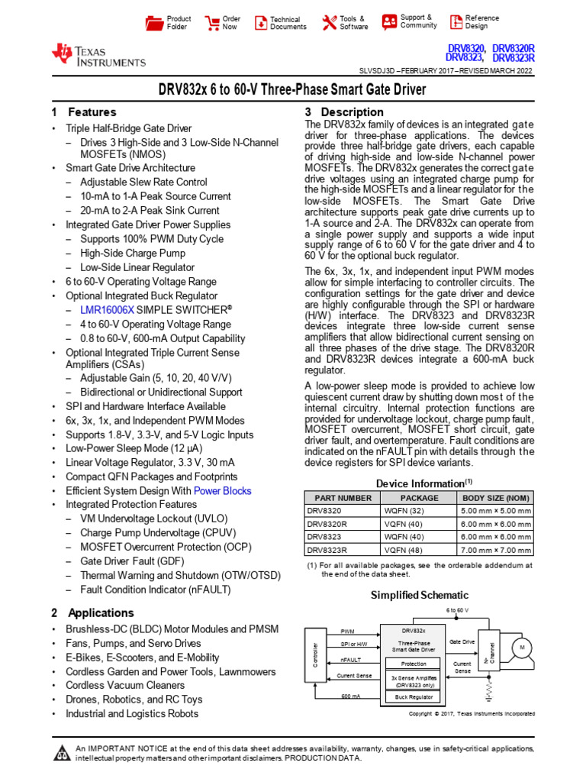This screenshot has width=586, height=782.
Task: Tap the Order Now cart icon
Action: coord(210,22)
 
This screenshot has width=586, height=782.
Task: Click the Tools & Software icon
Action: coord(329,22)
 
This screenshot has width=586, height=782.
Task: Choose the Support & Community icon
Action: coord(389,21)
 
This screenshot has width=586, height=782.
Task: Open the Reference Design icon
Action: coord(456,21)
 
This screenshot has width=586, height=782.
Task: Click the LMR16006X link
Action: coord(107,311)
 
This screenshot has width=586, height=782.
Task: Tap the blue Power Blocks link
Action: coord(222,491)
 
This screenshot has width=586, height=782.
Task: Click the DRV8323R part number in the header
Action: coord(513,57)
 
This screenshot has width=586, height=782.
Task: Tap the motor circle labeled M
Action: coord(523,648)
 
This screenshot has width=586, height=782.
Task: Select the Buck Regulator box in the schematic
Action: coord(414,696)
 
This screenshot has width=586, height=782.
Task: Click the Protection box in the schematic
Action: coord(414,664)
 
